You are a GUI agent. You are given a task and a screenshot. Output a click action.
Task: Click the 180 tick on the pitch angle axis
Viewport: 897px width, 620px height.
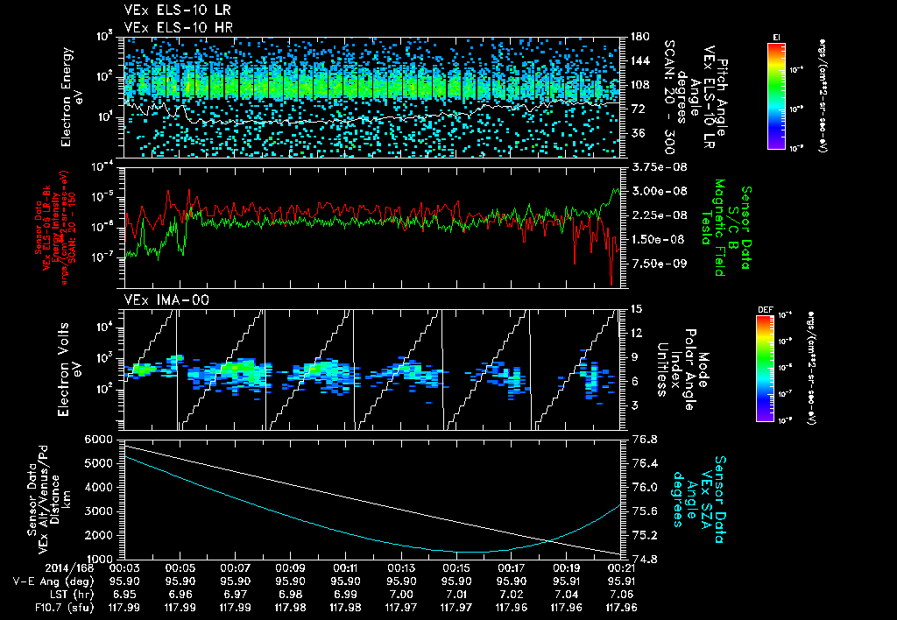[637, 37]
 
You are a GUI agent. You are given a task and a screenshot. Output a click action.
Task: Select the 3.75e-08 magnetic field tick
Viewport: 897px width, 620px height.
[652, 166]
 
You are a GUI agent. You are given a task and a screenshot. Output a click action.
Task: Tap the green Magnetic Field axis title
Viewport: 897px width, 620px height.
[720, 228]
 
